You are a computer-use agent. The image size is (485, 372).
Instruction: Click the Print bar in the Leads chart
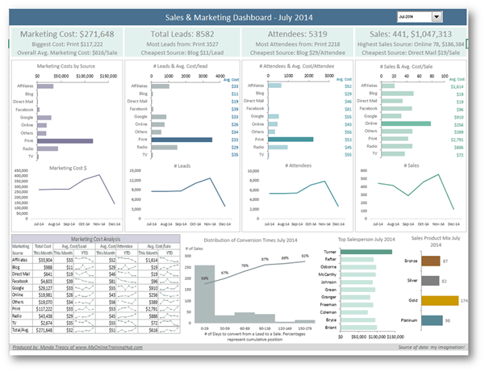pos(178,140)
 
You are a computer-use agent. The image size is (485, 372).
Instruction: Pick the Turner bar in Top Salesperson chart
pos(366,253)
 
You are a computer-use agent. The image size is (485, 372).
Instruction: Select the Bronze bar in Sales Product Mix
pos(431,261)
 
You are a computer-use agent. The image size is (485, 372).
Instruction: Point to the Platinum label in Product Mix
pos(411,320)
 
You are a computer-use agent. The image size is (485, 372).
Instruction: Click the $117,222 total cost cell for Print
pos(45,307)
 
